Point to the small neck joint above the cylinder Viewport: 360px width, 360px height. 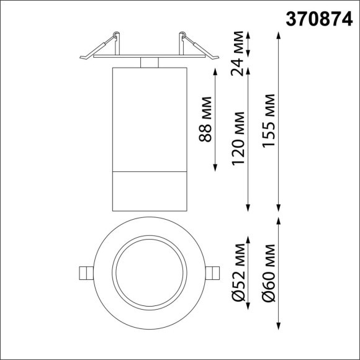point(150,62)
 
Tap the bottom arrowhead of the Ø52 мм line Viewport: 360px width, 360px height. point(248,306)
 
